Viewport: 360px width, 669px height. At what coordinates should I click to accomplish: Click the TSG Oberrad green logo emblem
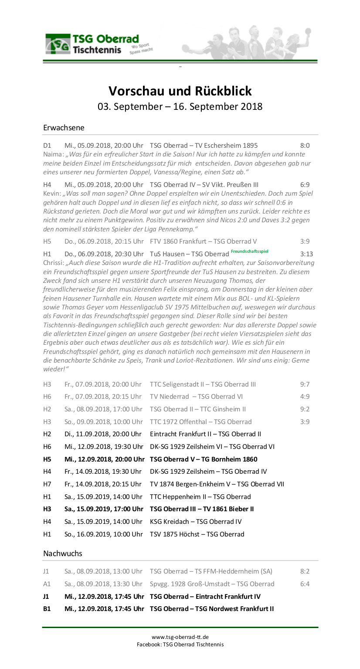tap(58, 44)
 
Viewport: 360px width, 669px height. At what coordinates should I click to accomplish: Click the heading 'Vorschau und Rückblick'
tap(180, 91)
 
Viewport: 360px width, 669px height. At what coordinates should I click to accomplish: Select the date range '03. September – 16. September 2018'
tap(180, 106)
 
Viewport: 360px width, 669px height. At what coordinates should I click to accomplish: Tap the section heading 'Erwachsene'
tap(64, 128)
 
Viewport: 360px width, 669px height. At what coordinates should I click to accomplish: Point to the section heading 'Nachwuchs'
tap(62, 553)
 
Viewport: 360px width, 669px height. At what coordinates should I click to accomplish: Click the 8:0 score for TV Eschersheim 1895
tap(305, 145)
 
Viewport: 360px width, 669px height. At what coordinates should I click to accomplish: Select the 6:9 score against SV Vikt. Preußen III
tap(305, 184)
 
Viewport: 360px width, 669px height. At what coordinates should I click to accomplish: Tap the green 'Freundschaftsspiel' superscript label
tap(249, 251)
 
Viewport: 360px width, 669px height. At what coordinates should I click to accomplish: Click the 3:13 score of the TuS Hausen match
tap(306, 254)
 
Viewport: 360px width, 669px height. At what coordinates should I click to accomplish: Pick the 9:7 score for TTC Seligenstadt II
tap(305, 384)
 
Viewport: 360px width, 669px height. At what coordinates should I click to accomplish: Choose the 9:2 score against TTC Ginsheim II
tap(305, 409)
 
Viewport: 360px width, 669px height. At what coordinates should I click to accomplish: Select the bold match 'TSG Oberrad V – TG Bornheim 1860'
tap(204, 459)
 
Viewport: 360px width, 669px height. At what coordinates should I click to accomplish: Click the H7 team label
tap(47, 484)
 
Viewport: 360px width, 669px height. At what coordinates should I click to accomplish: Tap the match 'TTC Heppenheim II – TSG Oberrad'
tap(200, 496)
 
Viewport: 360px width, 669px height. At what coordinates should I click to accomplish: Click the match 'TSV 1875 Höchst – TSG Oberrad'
tap(197, 534)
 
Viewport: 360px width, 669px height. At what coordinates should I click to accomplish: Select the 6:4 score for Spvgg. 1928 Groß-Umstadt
tap(305, 584)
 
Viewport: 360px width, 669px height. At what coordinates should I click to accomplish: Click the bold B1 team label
tap(47, 608)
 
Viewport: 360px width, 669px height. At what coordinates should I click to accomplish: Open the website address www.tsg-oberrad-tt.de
tap(180, 637)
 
